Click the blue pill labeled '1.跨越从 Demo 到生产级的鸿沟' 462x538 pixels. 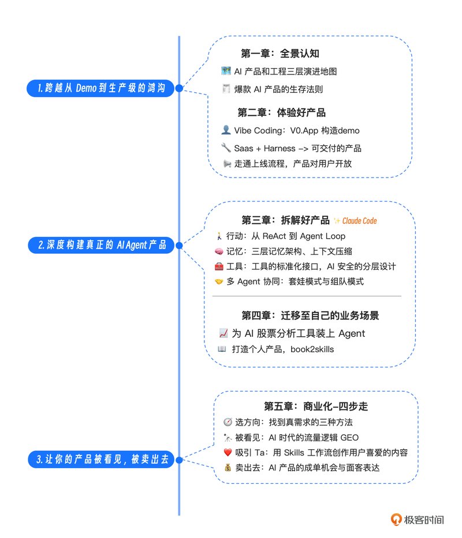pos(100,88)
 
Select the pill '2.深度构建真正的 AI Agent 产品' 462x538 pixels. pos(101,245)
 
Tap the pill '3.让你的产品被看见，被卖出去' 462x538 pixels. pos(102,459)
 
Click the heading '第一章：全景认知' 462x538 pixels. pos(280,54)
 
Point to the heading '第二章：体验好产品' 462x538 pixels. pos(282,112)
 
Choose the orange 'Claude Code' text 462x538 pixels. pos(359,221)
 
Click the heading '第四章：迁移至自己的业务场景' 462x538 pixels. pos(310,315)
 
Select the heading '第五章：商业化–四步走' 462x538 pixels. pos(316,407)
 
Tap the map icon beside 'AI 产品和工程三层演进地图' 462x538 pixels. pos(226,71)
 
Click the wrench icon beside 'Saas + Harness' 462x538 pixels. pos(226,148)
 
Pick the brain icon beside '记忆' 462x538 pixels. pos(219,251)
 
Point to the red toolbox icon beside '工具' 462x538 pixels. pos(219,266)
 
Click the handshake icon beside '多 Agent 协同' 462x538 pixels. pos(219,282)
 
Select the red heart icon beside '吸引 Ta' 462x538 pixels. pos(228,453)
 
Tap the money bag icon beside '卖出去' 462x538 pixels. pos(228,467)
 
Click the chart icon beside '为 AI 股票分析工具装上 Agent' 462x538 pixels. pos(223,333)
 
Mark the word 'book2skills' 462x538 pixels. pos(312,349)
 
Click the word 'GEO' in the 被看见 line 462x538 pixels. pos(349,438)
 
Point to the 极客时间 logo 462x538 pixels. pos(418,520)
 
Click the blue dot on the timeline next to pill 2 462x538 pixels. pos(179,245)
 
